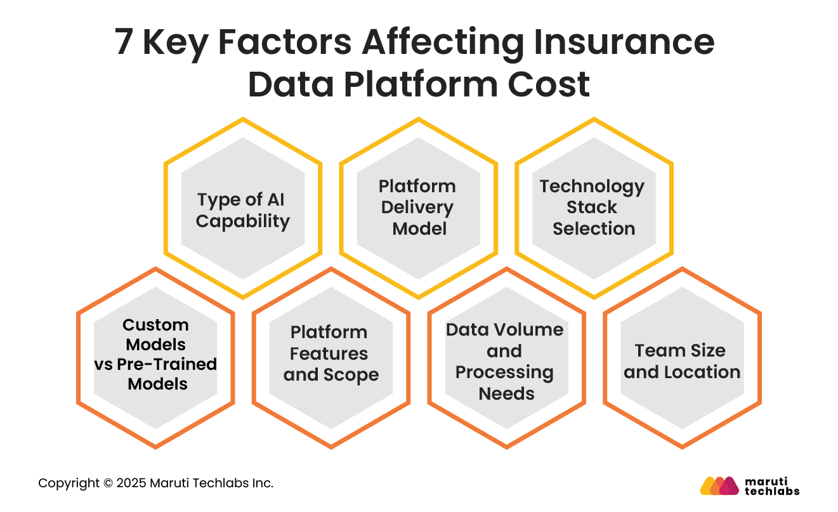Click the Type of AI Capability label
click(x=242, y=210)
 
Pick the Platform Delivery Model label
click(x=417, y=207)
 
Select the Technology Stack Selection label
click(x=592, y=207)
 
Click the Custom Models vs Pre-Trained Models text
click(x=156, y=354)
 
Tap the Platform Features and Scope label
click(x=330, y=353)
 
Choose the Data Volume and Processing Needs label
click(x=506, y=362)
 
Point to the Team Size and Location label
click(x=681, y=361)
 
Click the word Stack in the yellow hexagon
click(x=592, y=207)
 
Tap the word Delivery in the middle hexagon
click(x=417, y=207)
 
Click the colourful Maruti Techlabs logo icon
click(x=719, y=485)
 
